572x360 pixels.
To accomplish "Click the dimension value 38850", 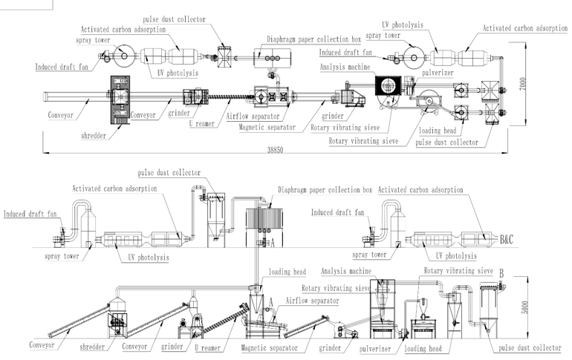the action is pyautogui.click(x=275, y=150).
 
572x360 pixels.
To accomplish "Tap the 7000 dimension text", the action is pyautogui.click(x=523, y=84).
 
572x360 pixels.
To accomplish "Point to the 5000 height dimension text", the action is pyautogui.click(x=524, y=307).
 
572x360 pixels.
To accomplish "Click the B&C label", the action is pyautogui.click(x=507, y=240).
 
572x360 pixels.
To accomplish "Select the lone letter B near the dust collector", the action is pyautogui.click(x=501, y=273).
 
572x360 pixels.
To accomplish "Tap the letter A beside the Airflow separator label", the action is pyautogui.click(x=270, y=302).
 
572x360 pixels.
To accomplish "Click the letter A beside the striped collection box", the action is pyautogui.click(x=272, y=242).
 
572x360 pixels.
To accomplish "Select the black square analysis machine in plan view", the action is pyautogui.click(x=388, y=85).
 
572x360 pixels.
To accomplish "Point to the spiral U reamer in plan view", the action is pyautogui.click(x=230, y=97).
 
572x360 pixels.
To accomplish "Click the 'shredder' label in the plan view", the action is pyautogui.click(x=94, y=136).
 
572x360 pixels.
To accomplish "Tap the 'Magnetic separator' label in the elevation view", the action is pyautogui.click(x=269, y=347).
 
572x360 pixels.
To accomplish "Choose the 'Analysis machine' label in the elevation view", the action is pyautogui.click(x=346, y=271).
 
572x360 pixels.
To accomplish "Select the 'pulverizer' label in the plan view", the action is pyautogui.click(x=438, y=73).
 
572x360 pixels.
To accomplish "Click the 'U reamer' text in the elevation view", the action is pyautogui.click(x=207, y=347).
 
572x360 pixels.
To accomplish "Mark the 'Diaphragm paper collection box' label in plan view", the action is pyautogui.click(x=313, y=39).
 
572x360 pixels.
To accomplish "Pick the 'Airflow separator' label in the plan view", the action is pyautogui.click(x=253, y=117).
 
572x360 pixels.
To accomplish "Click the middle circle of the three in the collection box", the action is pyautogui.click(x=272, y=59).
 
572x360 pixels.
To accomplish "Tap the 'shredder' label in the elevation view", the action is pyautogui.click(x=92, y=347).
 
